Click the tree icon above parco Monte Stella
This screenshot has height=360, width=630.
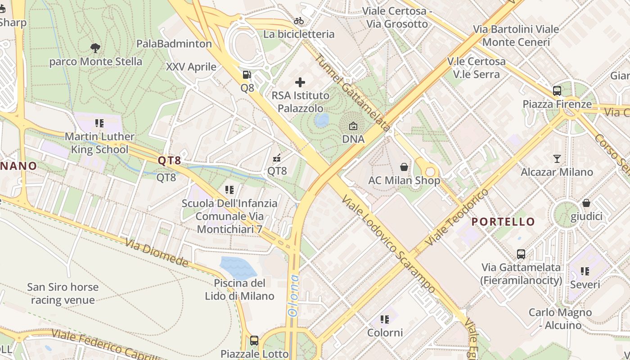95,48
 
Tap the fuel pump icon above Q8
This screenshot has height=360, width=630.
247,75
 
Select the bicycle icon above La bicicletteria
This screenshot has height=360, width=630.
299,21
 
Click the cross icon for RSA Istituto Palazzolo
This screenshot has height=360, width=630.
300,82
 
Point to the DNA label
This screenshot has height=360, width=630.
353,139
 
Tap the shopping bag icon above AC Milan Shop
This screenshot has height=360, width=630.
404,167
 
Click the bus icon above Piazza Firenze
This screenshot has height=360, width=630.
557,91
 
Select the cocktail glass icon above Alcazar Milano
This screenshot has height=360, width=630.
557,158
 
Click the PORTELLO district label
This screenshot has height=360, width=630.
503,221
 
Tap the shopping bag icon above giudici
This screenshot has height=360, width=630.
586,203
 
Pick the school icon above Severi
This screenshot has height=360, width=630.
585,271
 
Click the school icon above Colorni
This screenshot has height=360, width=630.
385,319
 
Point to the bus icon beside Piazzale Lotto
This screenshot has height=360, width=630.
254,341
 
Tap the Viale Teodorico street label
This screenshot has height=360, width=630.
456,217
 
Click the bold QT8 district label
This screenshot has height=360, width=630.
169,160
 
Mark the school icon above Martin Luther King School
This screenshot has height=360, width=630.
99,123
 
